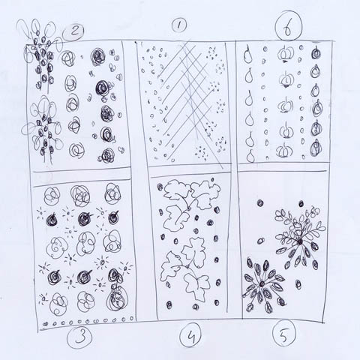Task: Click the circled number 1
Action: (179, 26)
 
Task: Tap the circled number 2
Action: (73, 32)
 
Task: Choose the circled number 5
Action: (284, 334)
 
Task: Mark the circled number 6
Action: (289, 25)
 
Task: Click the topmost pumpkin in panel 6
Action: (285, 53)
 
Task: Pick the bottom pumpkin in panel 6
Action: (284, 150)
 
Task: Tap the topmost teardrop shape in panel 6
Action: (247, 55)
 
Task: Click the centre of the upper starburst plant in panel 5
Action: (300, 241)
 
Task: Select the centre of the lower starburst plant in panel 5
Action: (262, 283)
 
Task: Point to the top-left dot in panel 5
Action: (260, 202)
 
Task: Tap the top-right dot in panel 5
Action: (301, 203)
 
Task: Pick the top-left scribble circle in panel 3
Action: (52, 196)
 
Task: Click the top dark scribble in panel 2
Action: (98, 57)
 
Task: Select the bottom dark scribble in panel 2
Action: (108, 155)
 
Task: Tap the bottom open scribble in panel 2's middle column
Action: (76, 151)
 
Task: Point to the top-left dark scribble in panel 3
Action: (52, 220)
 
